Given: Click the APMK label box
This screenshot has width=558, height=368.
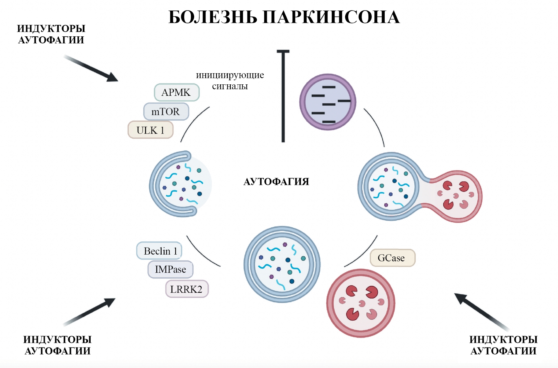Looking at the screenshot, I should tap(177, 93).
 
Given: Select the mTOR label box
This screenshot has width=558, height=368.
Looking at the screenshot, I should tap(166, 112).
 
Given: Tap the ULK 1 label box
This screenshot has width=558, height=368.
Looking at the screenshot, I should tap(150, 130).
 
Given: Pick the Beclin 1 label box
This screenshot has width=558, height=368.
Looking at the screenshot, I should tap(159, 251).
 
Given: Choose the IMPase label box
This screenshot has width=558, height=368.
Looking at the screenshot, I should tap(170, 269).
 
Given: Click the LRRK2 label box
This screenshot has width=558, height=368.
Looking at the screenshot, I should tap(187, 289).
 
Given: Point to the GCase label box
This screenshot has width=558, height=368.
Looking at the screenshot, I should tap(392, 258).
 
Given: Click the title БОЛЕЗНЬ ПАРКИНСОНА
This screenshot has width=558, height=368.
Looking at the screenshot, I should tap(284, 17).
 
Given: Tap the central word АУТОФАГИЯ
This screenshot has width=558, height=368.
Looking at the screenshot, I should tap(276, 182).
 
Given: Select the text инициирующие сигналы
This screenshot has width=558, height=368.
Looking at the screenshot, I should tap(230, 81).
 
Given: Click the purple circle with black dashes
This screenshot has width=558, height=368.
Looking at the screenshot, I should tap(328, 102).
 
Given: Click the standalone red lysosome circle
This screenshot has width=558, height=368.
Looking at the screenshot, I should tap(361, 303).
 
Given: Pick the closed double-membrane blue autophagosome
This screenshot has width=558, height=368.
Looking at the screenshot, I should tap(282, 264).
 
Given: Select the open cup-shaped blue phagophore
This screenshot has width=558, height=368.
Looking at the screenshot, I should tap(179, 184).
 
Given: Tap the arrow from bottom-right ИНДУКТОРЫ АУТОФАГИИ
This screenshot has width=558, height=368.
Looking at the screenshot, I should tap(481, 311).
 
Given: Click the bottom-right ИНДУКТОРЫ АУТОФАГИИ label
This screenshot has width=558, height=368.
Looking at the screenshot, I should tap(503, 345).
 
